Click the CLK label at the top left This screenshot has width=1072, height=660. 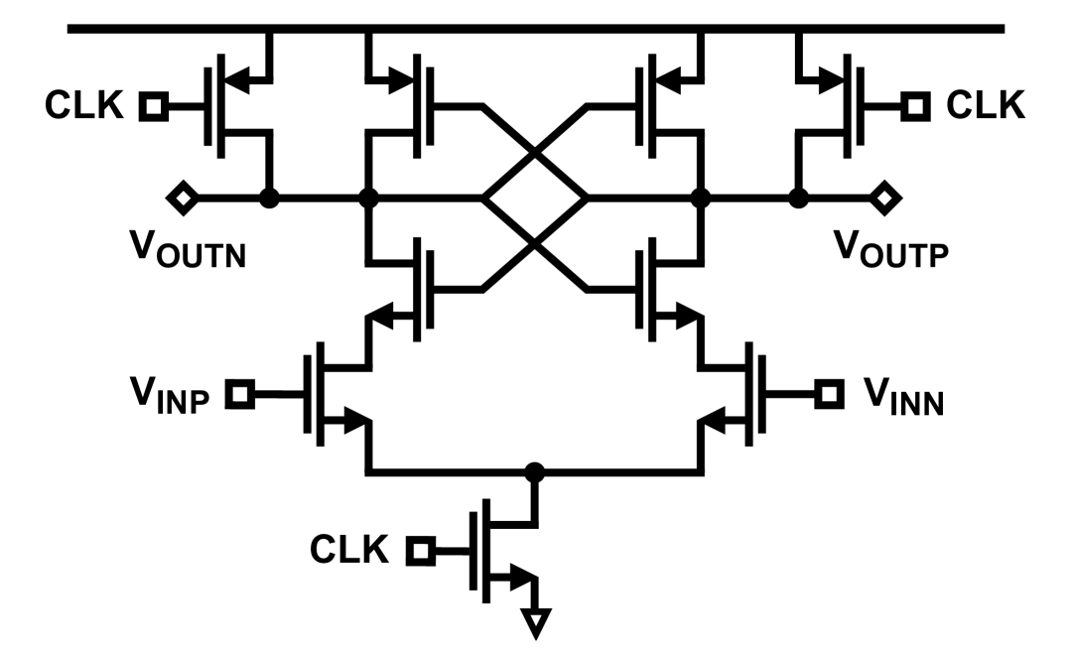click(x=83, y=104)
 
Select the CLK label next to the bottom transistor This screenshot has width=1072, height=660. click(x=349, y=549)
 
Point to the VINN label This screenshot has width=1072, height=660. click(x=900, y=393)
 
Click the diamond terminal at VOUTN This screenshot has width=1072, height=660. click(x=182, y=198)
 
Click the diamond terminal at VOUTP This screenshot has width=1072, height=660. click(x=882, y=198)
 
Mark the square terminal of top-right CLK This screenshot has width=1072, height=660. click(x=915, y=104)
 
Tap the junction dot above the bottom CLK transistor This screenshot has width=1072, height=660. click(x=536, y=471)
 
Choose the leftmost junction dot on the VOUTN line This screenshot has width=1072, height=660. click(x=268, y=198)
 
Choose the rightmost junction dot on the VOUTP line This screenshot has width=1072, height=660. click(x=797, y=198)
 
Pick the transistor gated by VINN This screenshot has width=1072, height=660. click(x=739, y=395)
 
